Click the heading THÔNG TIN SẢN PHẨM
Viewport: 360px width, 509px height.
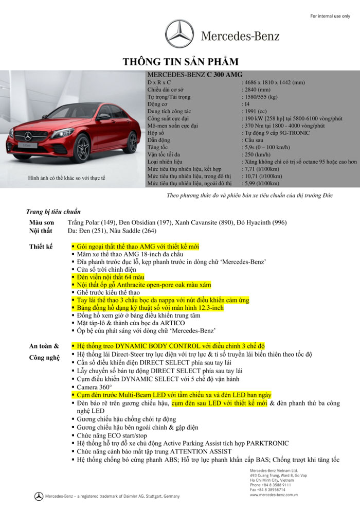(181, 62)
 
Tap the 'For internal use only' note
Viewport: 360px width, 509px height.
(330, 16)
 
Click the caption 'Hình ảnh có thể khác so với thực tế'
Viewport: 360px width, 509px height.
(67, 178)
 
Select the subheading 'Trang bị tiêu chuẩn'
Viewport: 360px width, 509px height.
(53, 212)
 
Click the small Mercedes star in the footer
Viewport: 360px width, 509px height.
(39, 496)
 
